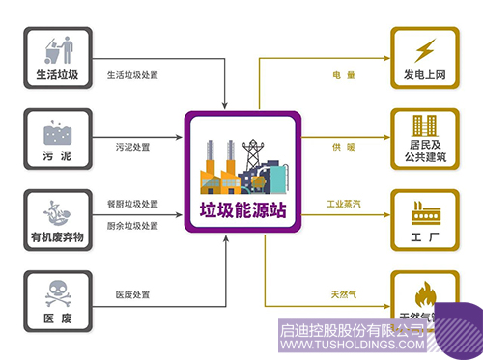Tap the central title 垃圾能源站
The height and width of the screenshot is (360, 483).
coord(243,209)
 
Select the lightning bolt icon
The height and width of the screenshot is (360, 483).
coord(425,49)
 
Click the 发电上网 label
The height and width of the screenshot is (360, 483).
coord(425,74)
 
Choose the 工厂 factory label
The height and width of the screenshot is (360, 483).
coord(425,235)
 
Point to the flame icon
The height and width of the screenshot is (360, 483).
coord(425,291)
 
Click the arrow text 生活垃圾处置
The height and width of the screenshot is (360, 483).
coord(131,74)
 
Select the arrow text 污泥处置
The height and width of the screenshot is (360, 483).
coord(133,148)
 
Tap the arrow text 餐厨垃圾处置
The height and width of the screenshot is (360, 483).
coord(132,205)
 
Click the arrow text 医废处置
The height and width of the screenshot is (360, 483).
coord(132,293)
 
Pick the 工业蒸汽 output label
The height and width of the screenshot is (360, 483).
coord(345,205)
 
